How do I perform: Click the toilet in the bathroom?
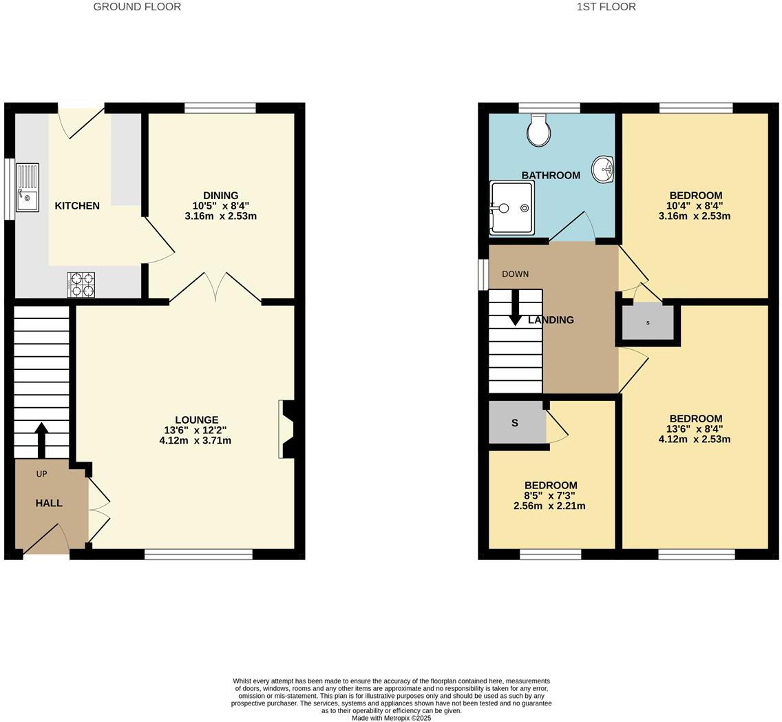(538, 130)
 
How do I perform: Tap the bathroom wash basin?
(603, 169)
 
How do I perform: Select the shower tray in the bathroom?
(511, 207)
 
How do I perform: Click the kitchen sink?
(28, 187)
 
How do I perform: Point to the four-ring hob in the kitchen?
(81, 285)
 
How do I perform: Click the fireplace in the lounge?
(286, 429)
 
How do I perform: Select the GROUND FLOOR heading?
(137, 7)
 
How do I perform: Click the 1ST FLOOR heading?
(606, 7)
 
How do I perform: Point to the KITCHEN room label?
(77, 205)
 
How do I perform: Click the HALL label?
(49, 503)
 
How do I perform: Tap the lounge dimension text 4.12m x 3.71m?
(195, 440)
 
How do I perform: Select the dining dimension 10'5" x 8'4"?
(220, 205)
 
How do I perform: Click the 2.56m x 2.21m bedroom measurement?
(549, 506)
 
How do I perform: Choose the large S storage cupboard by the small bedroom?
(516, 423)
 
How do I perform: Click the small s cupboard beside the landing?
(648, 322)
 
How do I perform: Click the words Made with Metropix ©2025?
(391, 718)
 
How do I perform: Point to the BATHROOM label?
(551, 175)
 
